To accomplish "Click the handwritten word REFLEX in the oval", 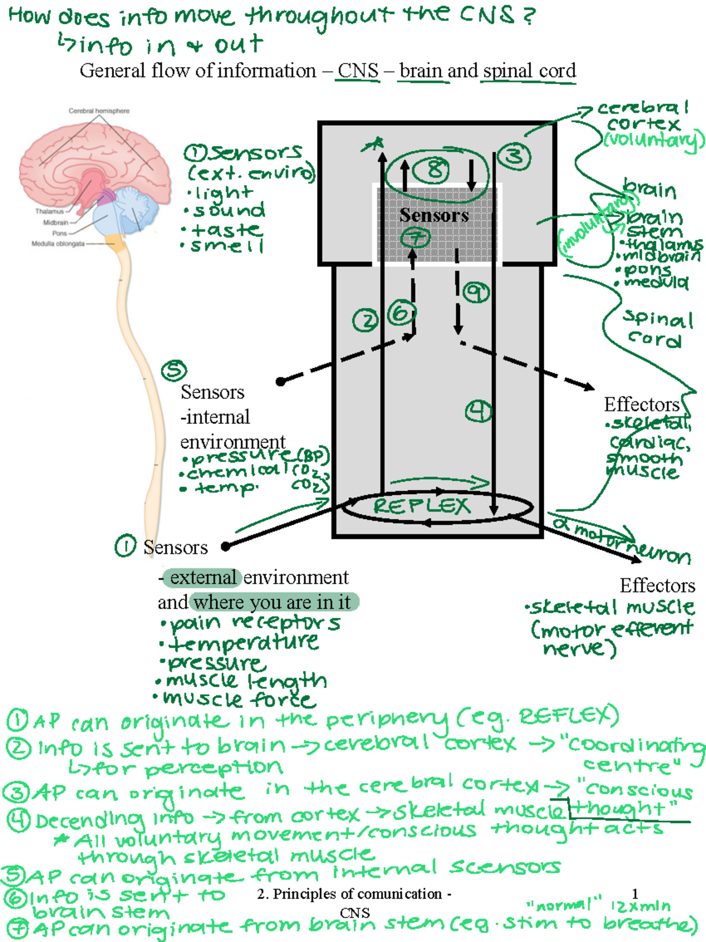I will pos(422,506).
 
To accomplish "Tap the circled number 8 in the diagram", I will pos(432,170).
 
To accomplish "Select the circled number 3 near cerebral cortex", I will pos(514,157).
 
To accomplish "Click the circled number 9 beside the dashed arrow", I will pos(476,292).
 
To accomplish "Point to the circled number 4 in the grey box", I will pos(478,411).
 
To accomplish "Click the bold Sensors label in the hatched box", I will pos(434,215).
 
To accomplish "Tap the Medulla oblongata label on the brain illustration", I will pos(58,244).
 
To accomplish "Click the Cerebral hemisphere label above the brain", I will pos(99,111).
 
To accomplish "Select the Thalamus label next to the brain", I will pos(49,211).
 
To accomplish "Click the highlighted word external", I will pos(202,577).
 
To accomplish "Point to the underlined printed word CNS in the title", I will pos(358,71).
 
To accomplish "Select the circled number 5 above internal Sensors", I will pos(174,370).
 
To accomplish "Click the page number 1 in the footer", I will pos(635,893).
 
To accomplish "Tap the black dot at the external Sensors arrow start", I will pos(225,547).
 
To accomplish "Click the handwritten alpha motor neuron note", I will pos(621,539).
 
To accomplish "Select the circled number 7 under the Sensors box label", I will pos(415,238).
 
